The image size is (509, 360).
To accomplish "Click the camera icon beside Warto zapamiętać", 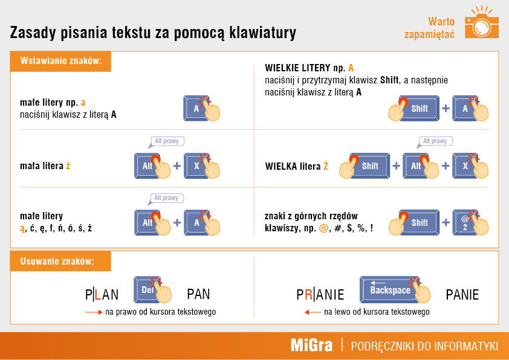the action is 481,24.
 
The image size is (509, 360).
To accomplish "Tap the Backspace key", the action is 389,289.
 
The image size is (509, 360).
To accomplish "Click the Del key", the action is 147,289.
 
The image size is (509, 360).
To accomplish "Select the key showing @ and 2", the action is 465,222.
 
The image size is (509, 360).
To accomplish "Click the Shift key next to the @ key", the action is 419,222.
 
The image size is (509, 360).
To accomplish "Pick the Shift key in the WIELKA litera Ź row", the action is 370,166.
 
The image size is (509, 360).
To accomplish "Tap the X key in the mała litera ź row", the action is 196,166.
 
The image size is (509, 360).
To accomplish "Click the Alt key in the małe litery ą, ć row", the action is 147,222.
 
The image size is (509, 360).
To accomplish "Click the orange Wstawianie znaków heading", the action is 60,61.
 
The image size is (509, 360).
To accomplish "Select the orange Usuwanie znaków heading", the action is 60,261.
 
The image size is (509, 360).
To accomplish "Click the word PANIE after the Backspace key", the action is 462,295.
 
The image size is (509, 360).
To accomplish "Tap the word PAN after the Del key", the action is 198,294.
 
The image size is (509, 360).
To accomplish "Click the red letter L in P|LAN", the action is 97,295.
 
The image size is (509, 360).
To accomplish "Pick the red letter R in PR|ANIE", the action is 308,295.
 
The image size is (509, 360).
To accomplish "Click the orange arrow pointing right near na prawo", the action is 94,312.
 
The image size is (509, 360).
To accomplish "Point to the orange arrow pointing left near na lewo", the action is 313,312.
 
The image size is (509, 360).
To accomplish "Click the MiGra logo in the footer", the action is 311,346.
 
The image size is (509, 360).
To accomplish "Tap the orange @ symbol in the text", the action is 323,228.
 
